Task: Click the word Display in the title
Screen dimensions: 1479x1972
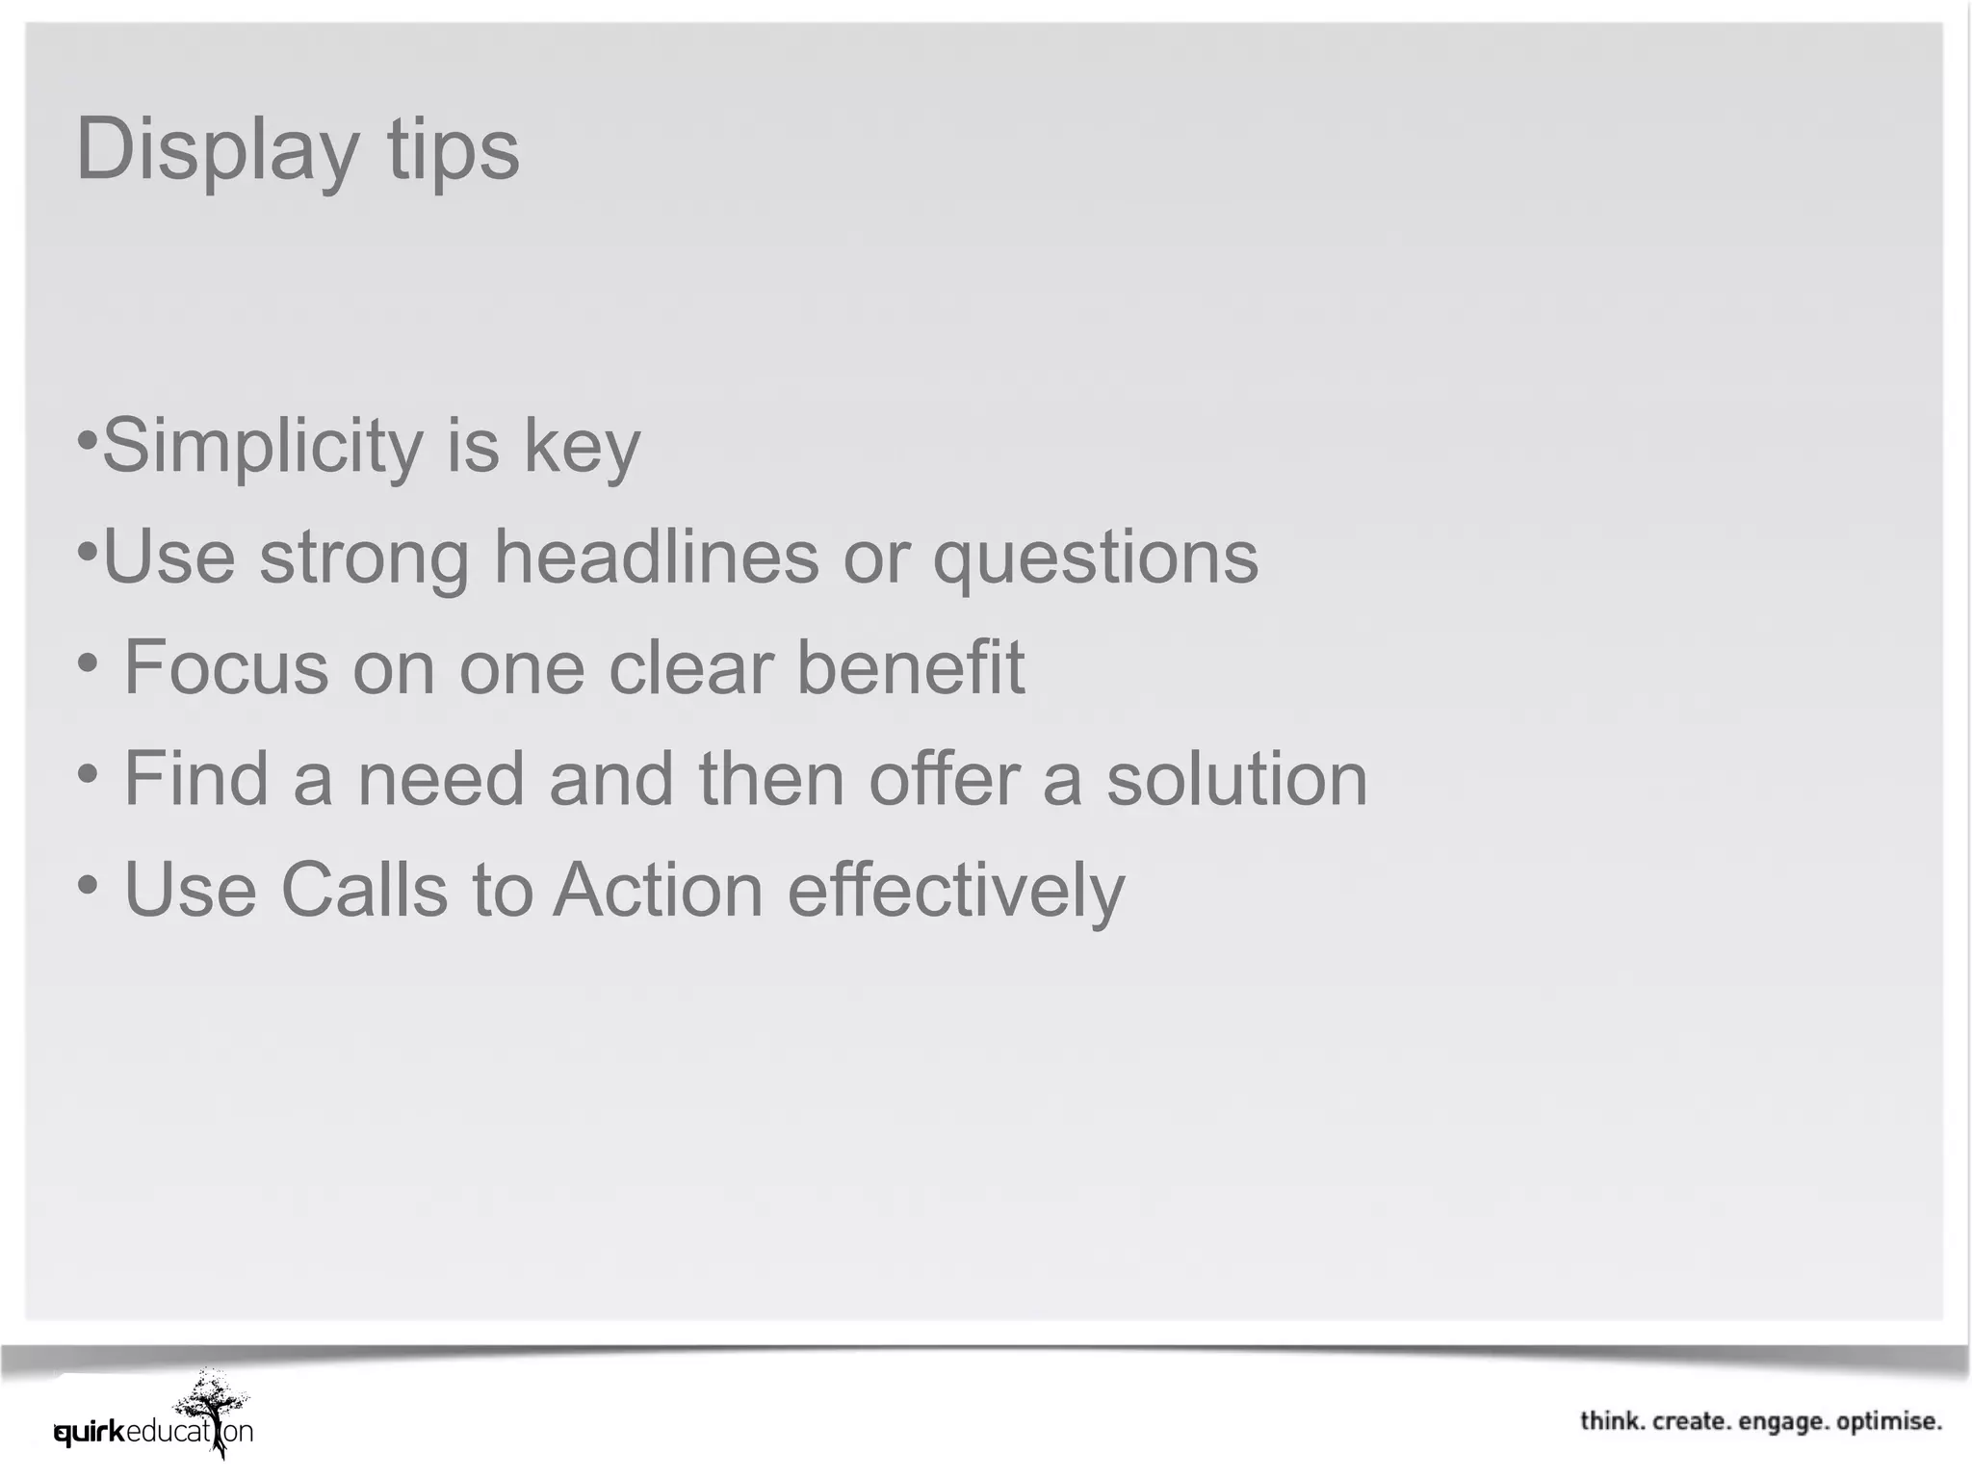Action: (217, 150)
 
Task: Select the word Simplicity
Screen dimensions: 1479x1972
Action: (262, 447)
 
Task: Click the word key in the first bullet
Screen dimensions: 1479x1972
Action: (582, 447)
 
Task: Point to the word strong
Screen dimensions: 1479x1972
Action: (364, 558)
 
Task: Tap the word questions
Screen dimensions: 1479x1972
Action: (1095, 558)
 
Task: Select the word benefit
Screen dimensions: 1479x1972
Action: (911, 666)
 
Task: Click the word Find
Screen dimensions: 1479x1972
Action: (196, 778)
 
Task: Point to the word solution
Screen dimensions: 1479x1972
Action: (1236, 778)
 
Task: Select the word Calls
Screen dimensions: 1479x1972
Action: (364, 889)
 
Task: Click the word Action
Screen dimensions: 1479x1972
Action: (658, 889)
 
